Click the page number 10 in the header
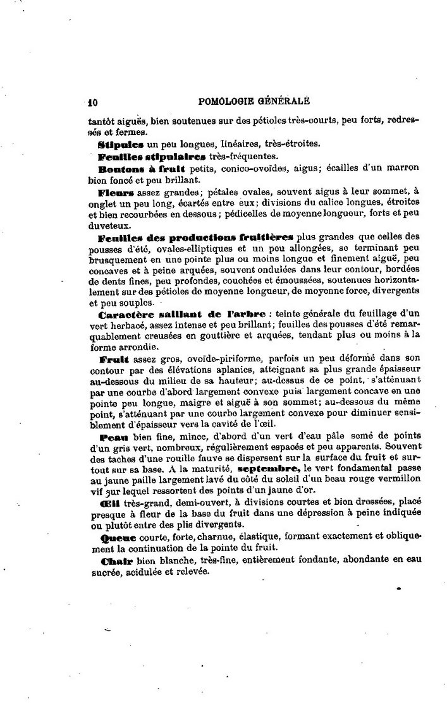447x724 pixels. tap(92, 100)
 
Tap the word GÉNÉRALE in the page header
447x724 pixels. tap(281, 100)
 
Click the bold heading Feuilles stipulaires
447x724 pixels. tap(142, 156)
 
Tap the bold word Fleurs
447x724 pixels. tap(116, 191)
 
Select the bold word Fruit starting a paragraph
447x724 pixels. tap(113, 359)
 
